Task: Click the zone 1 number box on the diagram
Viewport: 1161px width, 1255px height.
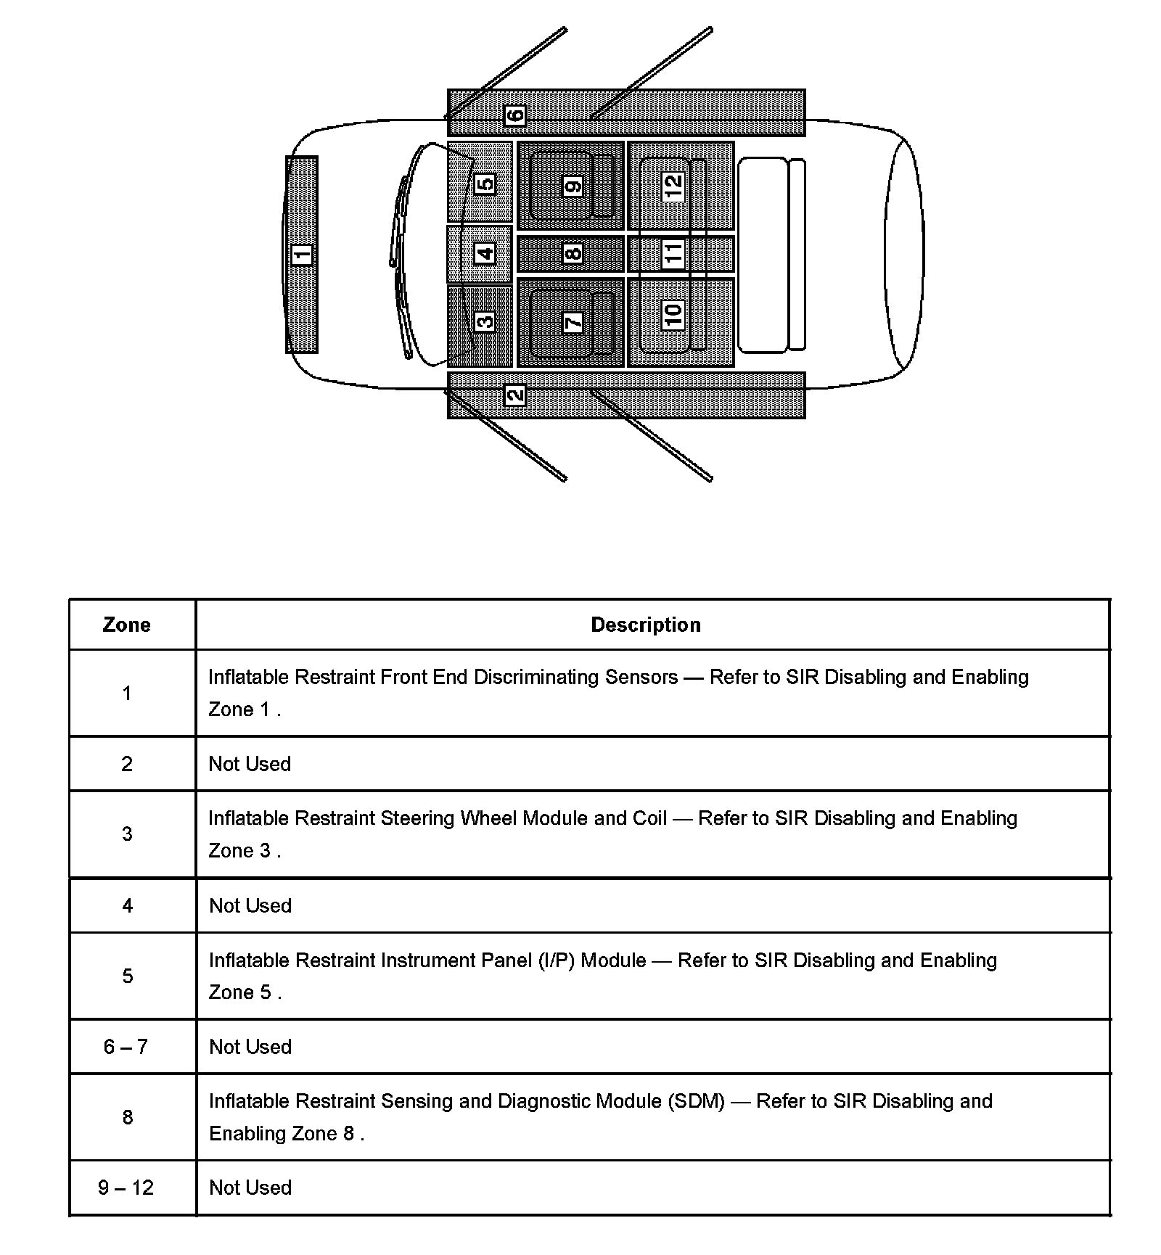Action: point(302,255)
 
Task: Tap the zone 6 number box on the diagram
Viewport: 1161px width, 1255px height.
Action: point(514,115)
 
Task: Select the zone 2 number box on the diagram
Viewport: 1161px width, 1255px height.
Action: point(514,395)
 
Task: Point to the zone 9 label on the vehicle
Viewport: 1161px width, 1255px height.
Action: point(573,186)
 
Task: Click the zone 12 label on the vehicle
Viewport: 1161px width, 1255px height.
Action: point(673,186)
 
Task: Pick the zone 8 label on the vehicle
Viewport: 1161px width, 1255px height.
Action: point(573,254)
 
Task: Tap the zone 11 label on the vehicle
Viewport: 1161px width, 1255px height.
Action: point(673,254)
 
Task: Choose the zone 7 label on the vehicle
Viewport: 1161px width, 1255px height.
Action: point(573,322)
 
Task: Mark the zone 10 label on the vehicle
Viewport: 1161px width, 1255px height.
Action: point(673,315)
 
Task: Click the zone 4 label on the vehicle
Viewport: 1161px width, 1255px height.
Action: point(485,254)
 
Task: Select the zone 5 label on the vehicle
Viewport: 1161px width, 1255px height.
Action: point(485,184)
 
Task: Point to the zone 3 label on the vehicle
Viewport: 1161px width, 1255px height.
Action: point(485,321)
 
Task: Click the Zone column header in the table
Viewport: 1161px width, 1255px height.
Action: point(127,625)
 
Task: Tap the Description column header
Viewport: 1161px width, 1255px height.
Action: point(646,625)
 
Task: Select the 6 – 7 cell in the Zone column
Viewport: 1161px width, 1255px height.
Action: point(126,1047)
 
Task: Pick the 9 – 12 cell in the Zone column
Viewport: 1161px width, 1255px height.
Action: point(126,1188)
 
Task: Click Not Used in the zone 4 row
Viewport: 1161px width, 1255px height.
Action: point(250,905)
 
